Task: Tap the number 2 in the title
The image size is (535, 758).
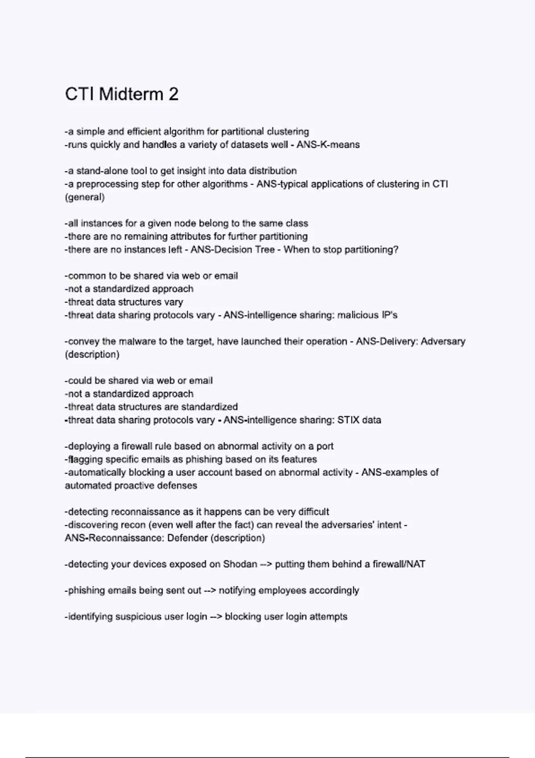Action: pos(173,94)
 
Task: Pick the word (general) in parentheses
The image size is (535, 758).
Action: pos(85,197)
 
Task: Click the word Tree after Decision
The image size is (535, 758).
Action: pos(265,250)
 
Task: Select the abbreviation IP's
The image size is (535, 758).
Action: pos(389,315)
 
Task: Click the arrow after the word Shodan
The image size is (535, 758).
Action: pos(266,564)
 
